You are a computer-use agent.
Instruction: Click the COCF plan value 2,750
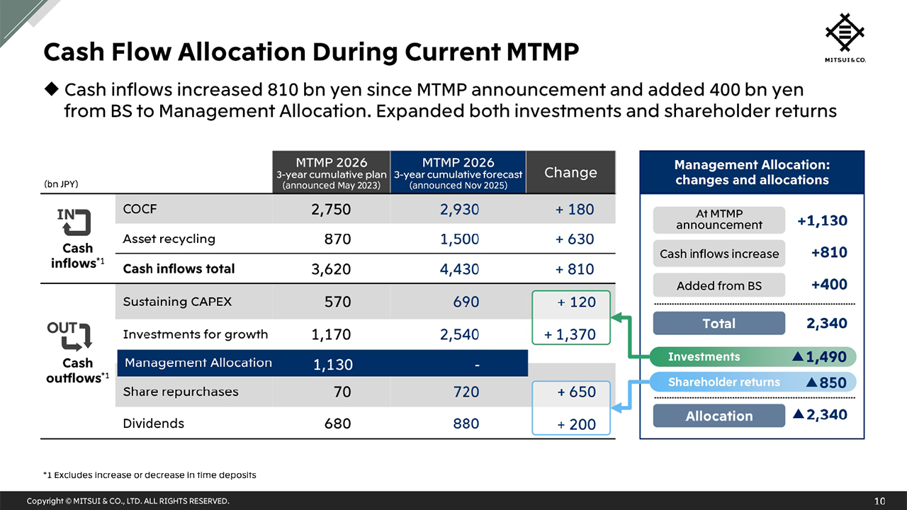[331, 210]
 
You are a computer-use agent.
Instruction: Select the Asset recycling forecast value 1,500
[459, 239]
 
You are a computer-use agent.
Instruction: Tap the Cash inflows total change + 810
[575, 269]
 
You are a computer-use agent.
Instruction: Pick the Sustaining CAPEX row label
[177, 302]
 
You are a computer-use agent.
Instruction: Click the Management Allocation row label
[198, 363]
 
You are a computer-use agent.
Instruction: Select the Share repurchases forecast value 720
[466, 392]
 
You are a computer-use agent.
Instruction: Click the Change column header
[570, 172]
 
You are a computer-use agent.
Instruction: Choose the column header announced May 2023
[331, 172]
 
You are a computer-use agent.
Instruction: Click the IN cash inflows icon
[74, 222]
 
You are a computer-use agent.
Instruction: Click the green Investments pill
[752, 357]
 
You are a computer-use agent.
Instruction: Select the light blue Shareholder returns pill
[752, 382]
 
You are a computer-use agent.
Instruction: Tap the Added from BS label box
[719, 285]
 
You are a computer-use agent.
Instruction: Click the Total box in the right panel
[719, 324]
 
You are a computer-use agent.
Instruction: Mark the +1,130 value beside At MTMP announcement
[822, 221]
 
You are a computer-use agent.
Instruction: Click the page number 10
[879, 501]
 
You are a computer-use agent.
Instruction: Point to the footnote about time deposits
[150, 475]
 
